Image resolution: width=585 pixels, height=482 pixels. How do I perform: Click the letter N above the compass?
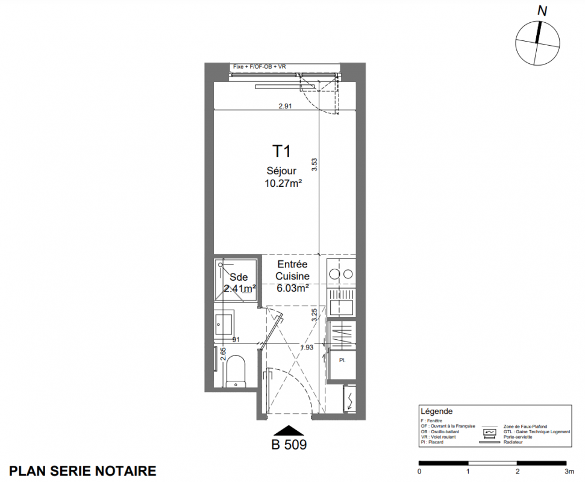542,11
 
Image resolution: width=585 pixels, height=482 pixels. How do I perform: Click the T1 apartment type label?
282,151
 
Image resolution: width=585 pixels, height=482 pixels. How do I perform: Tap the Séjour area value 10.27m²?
283,183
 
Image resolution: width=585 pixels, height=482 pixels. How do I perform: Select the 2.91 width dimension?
285,106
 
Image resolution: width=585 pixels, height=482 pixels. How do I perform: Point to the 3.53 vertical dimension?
314,164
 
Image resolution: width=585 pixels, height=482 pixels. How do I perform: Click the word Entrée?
293,264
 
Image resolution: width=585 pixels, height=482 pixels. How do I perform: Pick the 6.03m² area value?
293,288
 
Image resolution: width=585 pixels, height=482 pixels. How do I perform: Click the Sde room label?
239,277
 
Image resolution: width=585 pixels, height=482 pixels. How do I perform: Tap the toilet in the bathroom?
236,371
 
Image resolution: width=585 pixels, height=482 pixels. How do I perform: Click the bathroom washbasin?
225,324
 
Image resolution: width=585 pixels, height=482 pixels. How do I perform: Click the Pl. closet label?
342,360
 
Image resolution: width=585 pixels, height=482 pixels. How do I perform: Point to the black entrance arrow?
289,430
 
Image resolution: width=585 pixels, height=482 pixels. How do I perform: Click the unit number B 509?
289,445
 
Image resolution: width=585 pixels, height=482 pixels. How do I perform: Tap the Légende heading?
437,412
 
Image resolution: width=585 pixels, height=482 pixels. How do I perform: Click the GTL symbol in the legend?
490,432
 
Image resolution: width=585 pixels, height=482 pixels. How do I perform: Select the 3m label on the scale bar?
569,472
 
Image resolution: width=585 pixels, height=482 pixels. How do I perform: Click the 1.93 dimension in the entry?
307,347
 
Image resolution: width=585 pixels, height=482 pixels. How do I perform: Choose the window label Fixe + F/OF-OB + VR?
260,66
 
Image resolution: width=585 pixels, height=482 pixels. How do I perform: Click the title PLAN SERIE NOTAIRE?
83,471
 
